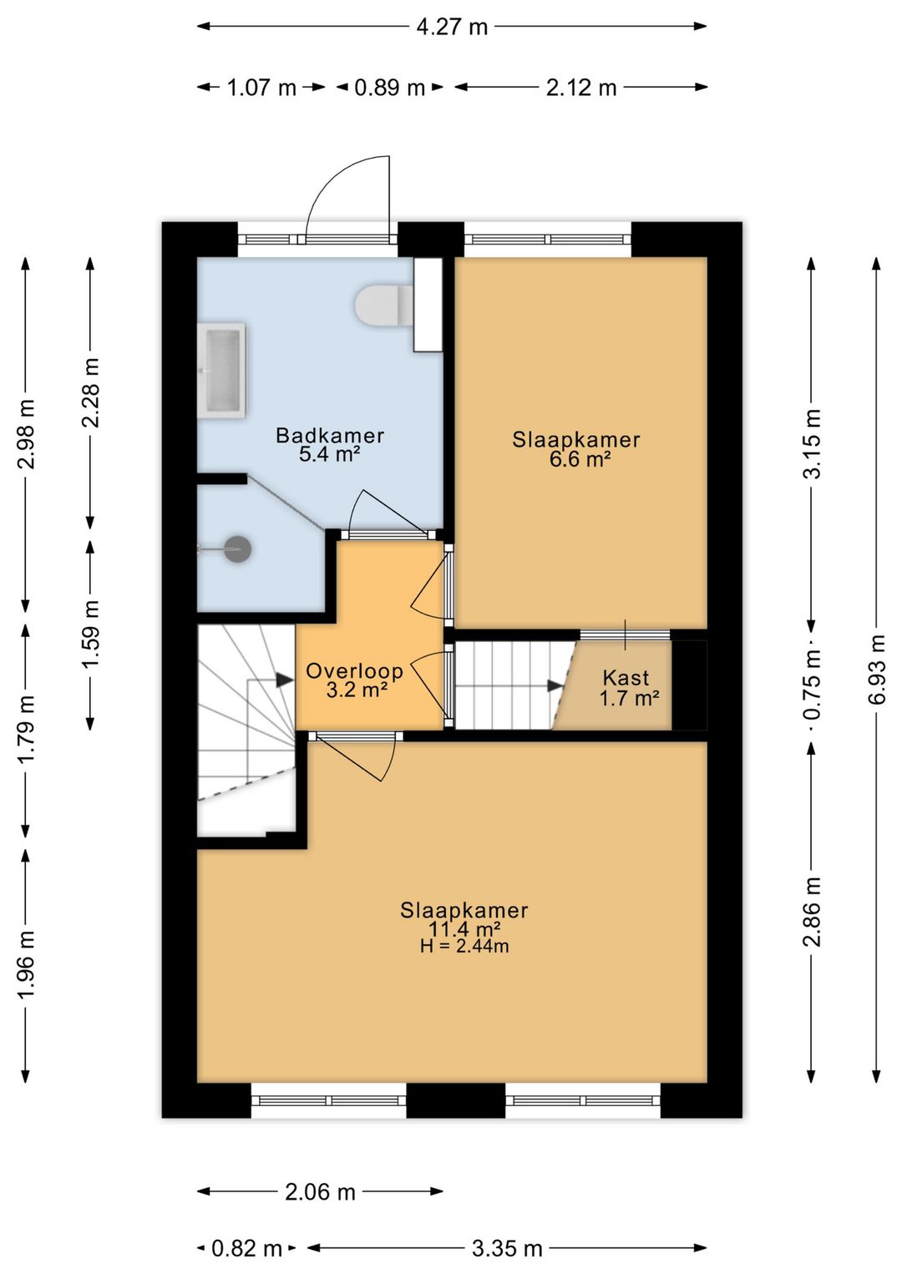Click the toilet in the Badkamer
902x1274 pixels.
(x=383, y=306)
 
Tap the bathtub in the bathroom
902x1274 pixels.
(x=221, y=370)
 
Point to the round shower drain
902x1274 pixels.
(x=237, y=549)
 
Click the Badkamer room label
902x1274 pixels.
(x=330, y=436)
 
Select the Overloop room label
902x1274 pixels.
(x=355, y=670)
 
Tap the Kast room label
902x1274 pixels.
(x=626, y=677)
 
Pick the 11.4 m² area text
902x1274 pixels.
(x=464, y=928)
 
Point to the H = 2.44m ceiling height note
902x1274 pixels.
(x=464, y=946)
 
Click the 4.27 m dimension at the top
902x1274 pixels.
(x=452, y=27)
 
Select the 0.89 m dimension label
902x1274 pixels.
(x=390, y=88)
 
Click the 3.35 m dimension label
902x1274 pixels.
(x=506, y=1248)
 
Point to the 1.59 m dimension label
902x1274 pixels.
(x=90, y=634)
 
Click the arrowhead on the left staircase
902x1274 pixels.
(x=285, y=680)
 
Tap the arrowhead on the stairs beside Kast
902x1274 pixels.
(x=555, y=686)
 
